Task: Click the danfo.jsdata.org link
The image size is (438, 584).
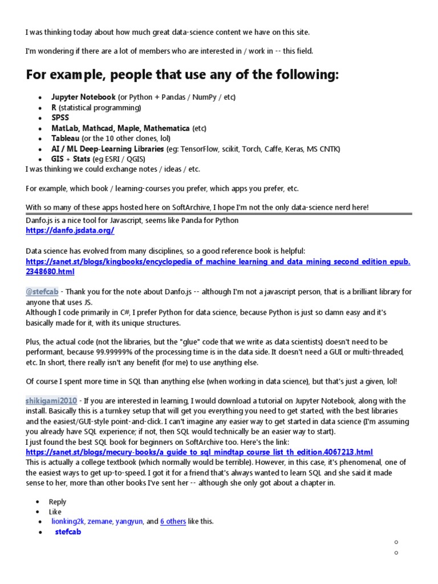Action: click(70, 230)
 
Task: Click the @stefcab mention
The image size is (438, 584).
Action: click(40, 291)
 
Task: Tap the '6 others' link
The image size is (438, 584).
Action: click(173, 521)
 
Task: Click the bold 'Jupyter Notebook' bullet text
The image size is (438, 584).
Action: click(83, 97)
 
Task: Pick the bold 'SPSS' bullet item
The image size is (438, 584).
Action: click(60, 117)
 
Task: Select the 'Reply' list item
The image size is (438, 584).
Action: click(58, 502)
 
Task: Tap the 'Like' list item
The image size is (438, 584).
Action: click(55, 512)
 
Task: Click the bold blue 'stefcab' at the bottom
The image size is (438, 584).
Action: click(68, 532)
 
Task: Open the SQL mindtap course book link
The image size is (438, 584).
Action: click(199, 452)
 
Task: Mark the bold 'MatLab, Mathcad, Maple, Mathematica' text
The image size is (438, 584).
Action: click(120, 128)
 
